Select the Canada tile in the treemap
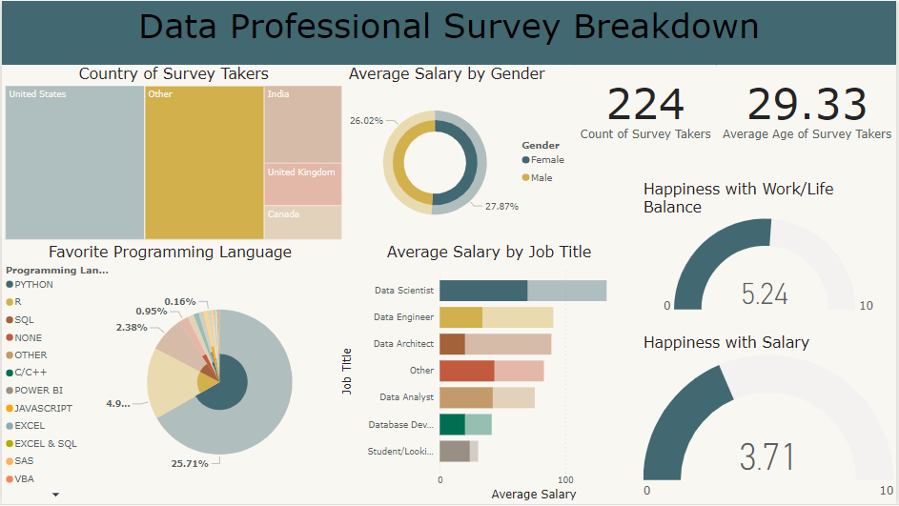point(302,223)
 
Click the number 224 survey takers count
point(645,105)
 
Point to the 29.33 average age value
point(807,105)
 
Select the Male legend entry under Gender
point(541,178)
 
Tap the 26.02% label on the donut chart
point(366,121)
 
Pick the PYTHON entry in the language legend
point(33,285)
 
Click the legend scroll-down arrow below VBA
point(55,495)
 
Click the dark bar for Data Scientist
point(482,291)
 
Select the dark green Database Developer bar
point(452,424)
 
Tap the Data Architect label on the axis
point(403,344)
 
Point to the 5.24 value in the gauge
point(765,293)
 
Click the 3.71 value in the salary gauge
point(766,457)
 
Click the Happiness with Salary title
point(725,342)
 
